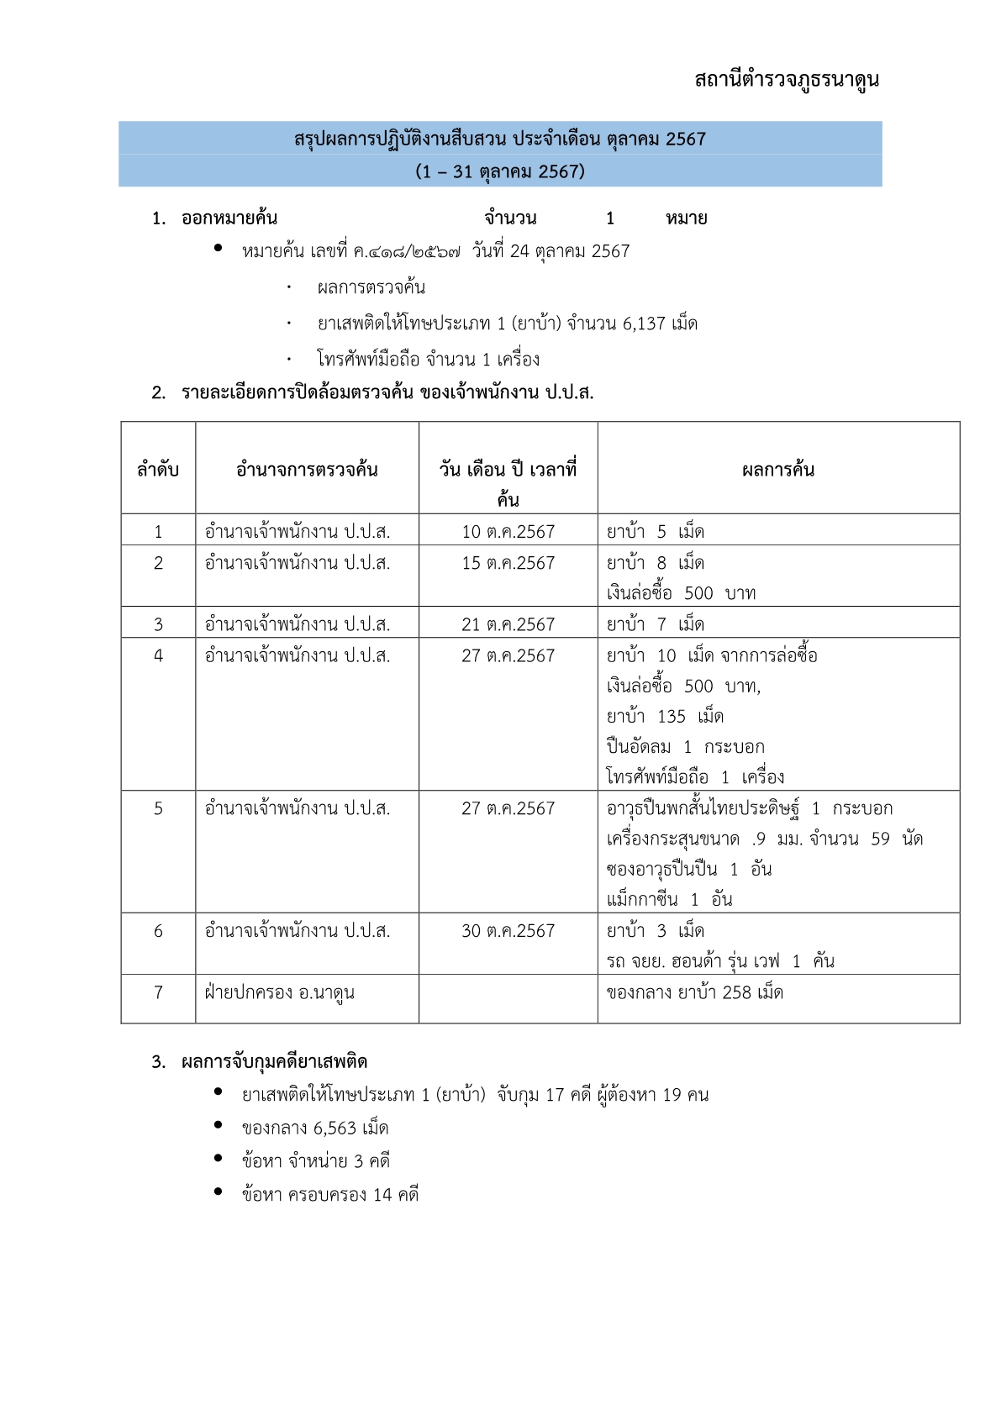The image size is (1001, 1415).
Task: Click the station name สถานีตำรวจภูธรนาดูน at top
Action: point(787,80)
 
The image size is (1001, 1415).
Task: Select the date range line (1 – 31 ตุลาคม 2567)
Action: point(500,171)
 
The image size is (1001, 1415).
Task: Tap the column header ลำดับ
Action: point(158,470)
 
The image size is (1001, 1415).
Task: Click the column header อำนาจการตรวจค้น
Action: point(307,470)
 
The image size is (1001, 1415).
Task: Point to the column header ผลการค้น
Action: point(778,470)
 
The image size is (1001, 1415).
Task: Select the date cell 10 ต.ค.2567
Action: point(508,532)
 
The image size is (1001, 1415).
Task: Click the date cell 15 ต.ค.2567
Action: point(508,563)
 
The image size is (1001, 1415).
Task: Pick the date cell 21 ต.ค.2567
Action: point(508,624)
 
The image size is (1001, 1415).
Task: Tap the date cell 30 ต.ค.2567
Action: point(508,931)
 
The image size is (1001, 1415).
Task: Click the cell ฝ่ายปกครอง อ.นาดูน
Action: point(280,992)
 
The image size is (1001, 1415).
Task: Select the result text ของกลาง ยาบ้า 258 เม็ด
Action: point(695,992)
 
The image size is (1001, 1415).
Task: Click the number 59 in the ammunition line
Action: point(880,839)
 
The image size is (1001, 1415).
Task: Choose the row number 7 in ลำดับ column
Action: point(158,992)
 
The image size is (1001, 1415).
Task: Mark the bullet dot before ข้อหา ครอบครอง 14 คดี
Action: point(219,1191)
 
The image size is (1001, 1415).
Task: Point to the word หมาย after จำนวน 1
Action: point(686,218)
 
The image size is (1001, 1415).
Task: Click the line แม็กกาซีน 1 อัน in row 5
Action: point(670,900)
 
